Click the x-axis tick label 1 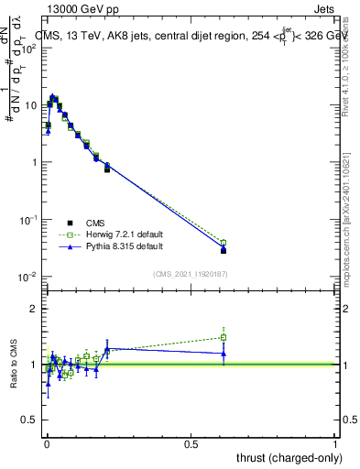(x=336, y=443)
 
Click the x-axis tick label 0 (x=46, y=443)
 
